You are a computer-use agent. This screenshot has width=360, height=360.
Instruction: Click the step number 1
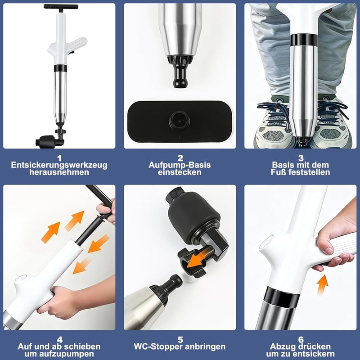59,158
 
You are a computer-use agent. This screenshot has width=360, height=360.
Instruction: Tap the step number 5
180,340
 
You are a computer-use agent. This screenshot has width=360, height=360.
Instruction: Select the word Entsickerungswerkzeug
59,165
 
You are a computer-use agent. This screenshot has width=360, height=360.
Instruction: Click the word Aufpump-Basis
180,165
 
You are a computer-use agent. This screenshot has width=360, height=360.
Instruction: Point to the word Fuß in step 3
279,172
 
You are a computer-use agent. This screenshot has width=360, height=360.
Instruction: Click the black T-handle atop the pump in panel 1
61,7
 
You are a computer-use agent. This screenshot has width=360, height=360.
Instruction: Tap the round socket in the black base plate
180,121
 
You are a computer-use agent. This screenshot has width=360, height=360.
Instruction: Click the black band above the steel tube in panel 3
303,40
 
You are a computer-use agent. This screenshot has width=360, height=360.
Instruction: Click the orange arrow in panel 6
322,284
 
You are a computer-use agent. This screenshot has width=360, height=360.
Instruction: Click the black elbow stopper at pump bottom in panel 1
49,141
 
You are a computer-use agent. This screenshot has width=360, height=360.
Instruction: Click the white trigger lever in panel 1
77,43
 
